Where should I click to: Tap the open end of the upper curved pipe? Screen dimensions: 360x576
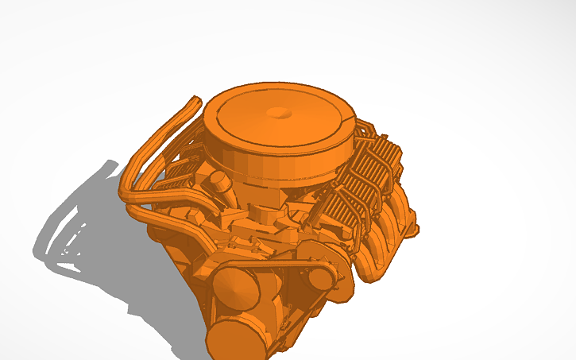[x=194, y=100]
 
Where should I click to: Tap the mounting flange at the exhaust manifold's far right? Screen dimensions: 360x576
[x=410, y=229]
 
